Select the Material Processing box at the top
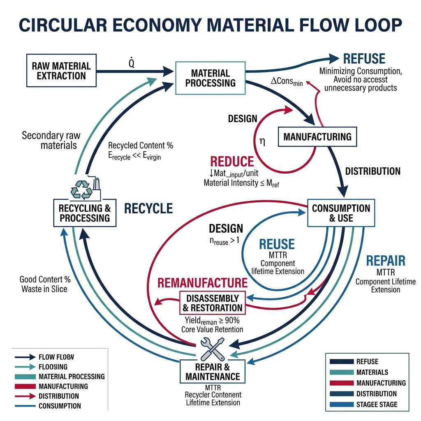pyautogui.click(x=210, y=78)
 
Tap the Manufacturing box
pyautogui.click(x=317, y=136)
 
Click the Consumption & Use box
pyautogui.click(x=341, y=213)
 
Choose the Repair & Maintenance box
pyautogui.click(x=213, y=372)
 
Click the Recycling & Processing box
pyautogui.click(x=84, y=213)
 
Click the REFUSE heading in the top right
pyautogui.click(x=364, y=58)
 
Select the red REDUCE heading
pyautogui.click(x=232, y=161)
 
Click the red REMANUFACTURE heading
pyautogui.click(x=203, y=282)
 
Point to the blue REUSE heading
pyautogui.click(x=277, y=244)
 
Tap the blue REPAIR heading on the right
pyautogui.click(x=385, y=261)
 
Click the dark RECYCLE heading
pyautogui.click(x=148, y=208)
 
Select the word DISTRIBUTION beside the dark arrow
pyautogui.click(x=372, y=171)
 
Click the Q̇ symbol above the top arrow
pyautogui.click(x=132, y=64)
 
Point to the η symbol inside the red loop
pyautogui.click(x=262, y=142)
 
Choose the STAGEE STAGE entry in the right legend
pyautogui.click(x=377, y=404)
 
